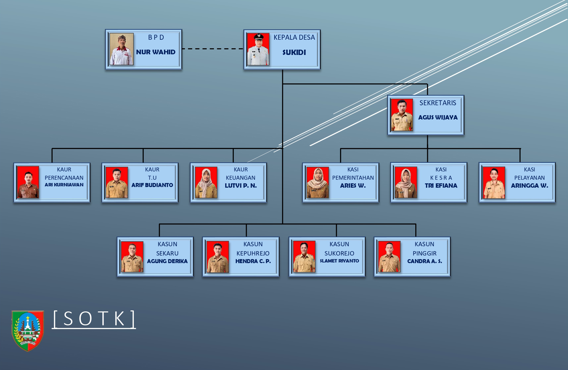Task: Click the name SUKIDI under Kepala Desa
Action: (x=294, y=52)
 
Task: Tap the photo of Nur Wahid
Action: (x=122, y=49)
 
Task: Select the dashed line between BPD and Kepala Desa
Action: (x=213, y=49)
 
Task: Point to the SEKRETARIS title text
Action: (x=438, y=103)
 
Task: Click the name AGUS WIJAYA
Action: (x=438, y=117)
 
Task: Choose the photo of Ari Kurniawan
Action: (x=28, y=182)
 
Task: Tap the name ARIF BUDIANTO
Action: (x=152, y=185)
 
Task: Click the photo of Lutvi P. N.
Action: (x=206, y=182)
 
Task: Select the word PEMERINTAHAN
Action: (x=353, y=178)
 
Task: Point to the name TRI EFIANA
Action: (x=441, y=186)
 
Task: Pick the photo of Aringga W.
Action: (x=494, y=182)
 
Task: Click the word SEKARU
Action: (x=167, y=253)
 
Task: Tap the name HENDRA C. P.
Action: (x=253, y=261)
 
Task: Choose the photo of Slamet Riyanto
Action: (x=304, y=257)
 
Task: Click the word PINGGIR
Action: (x=424, y=253)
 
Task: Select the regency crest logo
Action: (x=28, y=330)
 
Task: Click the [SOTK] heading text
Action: (x=94, y=319)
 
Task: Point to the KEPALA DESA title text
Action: (x=294, y=37)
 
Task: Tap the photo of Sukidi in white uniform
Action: (x=258, y=49)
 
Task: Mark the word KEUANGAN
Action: (x=240, y=178)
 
